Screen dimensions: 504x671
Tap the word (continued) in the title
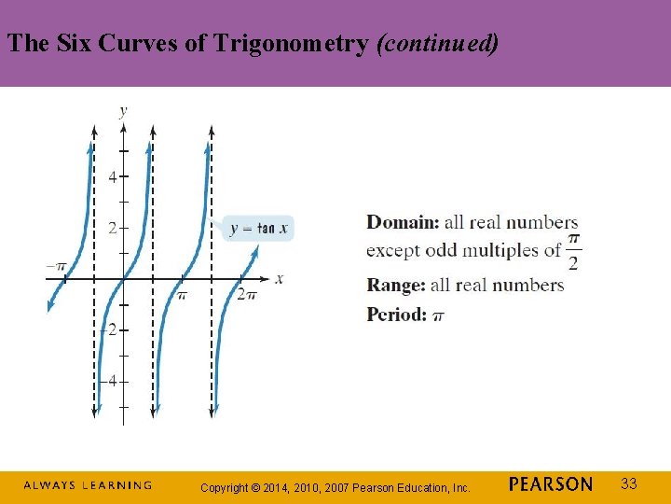click(x=437, y=43)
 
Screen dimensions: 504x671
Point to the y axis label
click(x=124, y=110)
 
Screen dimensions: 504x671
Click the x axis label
click(x=280, y=278)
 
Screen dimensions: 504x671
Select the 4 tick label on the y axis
click(x=112, y=176)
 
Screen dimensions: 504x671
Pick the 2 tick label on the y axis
click(x=112, y=228)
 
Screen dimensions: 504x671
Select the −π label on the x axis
click(x=56, y=267)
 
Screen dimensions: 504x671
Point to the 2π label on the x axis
click(x=246, y=294)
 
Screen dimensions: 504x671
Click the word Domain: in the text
click(x=403, y=222)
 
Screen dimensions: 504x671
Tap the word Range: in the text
click(x=395, y=285)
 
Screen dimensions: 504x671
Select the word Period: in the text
click(x=397, y=314)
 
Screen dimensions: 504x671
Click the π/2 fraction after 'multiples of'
click(x=573, y=251)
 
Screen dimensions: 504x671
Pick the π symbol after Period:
click(x=439, y=315)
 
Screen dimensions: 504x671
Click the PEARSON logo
click(x=551, y=484)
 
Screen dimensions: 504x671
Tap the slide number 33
click(x=629, y=483)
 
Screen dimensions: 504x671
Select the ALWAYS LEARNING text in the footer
click(x=88, y=485)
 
